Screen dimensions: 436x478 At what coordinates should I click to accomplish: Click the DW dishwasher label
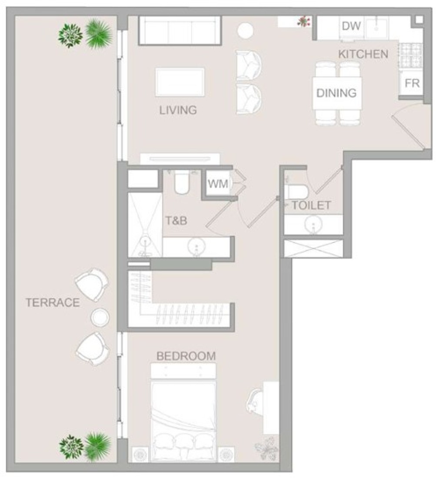(x=351, y=26)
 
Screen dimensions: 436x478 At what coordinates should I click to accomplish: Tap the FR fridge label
(x=412, y=83)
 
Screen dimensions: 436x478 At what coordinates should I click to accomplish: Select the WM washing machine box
(x=218, y=184)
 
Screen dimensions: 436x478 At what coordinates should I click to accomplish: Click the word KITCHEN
(x=363, y=54)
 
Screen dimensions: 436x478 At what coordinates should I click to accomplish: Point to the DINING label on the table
(x=336, y=93)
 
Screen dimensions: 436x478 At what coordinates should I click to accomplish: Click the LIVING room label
(x=178, y=110)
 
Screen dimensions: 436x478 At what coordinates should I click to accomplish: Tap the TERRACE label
(x=53, y=303)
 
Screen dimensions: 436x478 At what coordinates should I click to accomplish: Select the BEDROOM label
(x=186, y=356)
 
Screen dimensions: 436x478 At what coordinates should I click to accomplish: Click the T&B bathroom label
(x=176, y=220)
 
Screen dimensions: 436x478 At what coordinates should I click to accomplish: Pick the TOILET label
(x=311, y=206)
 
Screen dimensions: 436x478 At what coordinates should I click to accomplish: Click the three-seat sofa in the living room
(x=180, y=30)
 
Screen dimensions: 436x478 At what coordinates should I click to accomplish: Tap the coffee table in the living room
(x=180, y=82)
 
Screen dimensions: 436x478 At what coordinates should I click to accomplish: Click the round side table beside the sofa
(x=246, y=30)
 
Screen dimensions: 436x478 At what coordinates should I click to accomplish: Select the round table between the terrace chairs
(x=100, y=317)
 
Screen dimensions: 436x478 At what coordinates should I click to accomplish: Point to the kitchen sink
(x=377, y=27)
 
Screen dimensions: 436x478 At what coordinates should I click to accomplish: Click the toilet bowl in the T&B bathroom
(x=182, y=183)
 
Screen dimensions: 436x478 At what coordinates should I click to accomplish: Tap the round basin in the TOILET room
(x=313, y=225)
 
